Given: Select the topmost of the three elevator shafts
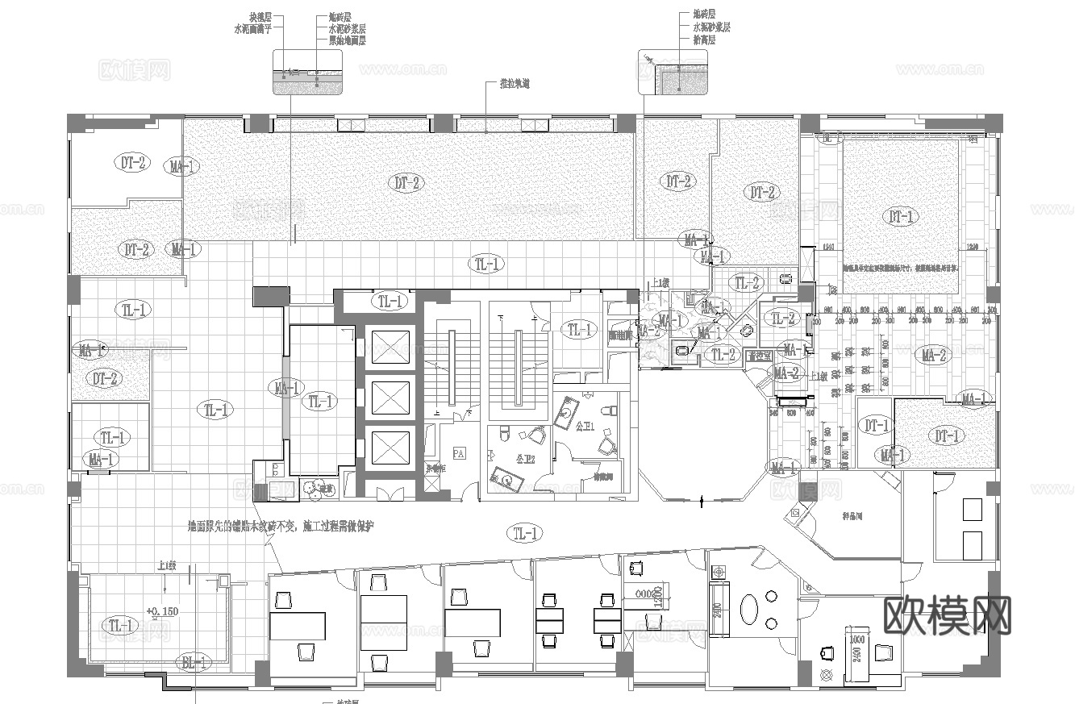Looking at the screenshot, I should pos(390,348).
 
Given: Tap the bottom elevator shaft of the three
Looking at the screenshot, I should pos(390,446).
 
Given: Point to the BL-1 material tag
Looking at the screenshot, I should pos(195,663).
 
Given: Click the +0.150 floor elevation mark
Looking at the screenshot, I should pos(162,610).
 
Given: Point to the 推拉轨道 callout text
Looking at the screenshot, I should pos(515,84).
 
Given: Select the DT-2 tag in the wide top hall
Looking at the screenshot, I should pos(408,183).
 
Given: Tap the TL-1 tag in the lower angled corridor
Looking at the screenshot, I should pos(526,532).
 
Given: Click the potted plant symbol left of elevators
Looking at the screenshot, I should pos(310,487).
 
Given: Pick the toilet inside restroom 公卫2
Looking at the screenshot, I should pos(506,433).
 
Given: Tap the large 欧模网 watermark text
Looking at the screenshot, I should pos(947,616).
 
